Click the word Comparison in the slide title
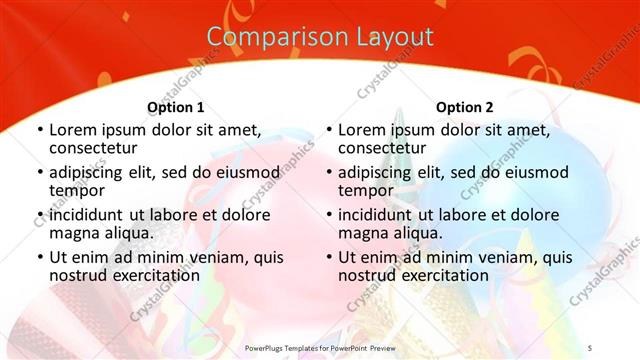tap(267, 38)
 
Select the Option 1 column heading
tap(176, 107)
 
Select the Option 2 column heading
tap(465, 107)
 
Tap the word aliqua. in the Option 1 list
tap(126, 233)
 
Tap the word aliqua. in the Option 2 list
tap(415, 233)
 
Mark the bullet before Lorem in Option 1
tap(39, 130)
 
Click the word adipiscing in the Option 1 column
tap(90, 172)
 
